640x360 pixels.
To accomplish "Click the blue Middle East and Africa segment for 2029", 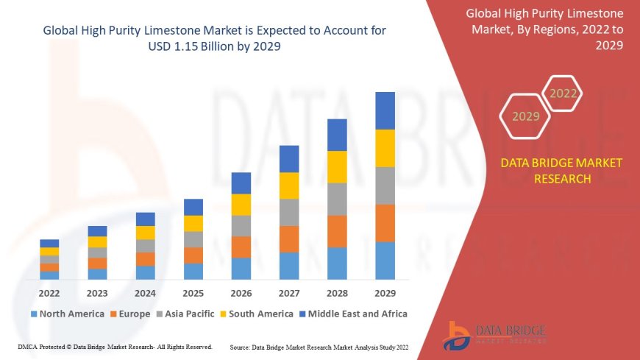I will click(x=385, y=110).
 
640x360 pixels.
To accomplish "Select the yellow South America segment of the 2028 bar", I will click(x=337, y=166).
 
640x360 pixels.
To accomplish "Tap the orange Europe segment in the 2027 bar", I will click(x=289, y=239).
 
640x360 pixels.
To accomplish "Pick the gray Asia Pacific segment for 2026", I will click(x=241, y=225).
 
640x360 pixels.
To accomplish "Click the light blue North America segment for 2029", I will click(x=385, y=261).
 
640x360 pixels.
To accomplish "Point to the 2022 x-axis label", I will click(x=49, y=293).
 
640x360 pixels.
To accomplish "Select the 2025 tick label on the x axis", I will click(x=193, y=293).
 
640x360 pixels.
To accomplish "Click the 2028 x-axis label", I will click(x=337, y=293).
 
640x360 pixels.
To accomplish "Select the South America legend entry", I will click(x=255, y=314).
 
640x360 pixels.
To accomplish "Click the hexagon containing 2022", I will click(x=563, y=93).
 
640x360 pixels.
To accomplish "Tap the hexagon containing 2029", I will click(x=525, y=116).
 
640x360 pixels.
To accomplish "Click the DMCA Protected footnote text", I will click(x=115, y=347).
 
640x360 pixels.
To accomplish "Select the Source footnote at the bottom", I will click(x=319, y=347).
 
